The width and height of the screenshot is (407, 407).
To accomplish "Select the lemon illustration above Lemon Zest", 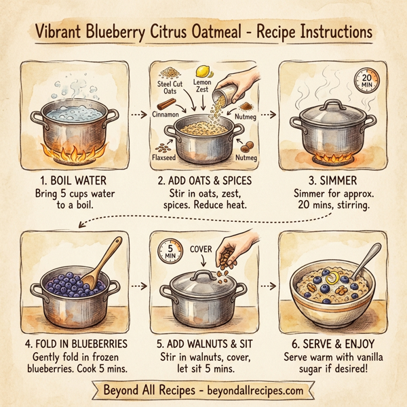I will click(201, 71).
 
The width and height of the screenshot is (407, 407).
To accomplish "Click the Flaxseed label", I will click(168, 158).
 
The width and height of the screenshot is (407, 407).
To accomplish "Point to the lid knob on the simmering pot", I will click(333, 104).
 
